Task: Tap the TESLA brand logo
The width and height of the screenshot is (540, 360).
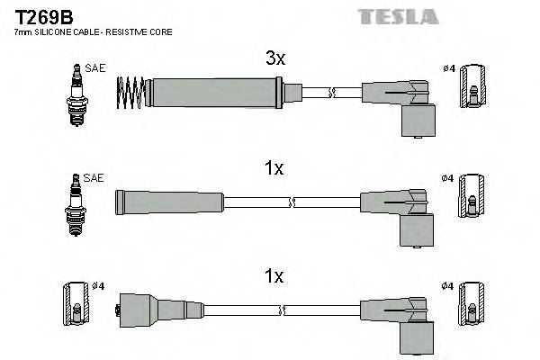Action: point(398,16)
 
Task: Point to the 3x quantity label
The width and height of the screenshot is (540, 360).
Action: point(274,59)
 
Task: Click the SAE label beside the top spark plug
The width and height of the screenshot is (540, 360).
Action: point(94,67)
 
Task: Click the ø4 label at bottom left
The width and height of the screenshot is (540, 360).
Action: point(97,286)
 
